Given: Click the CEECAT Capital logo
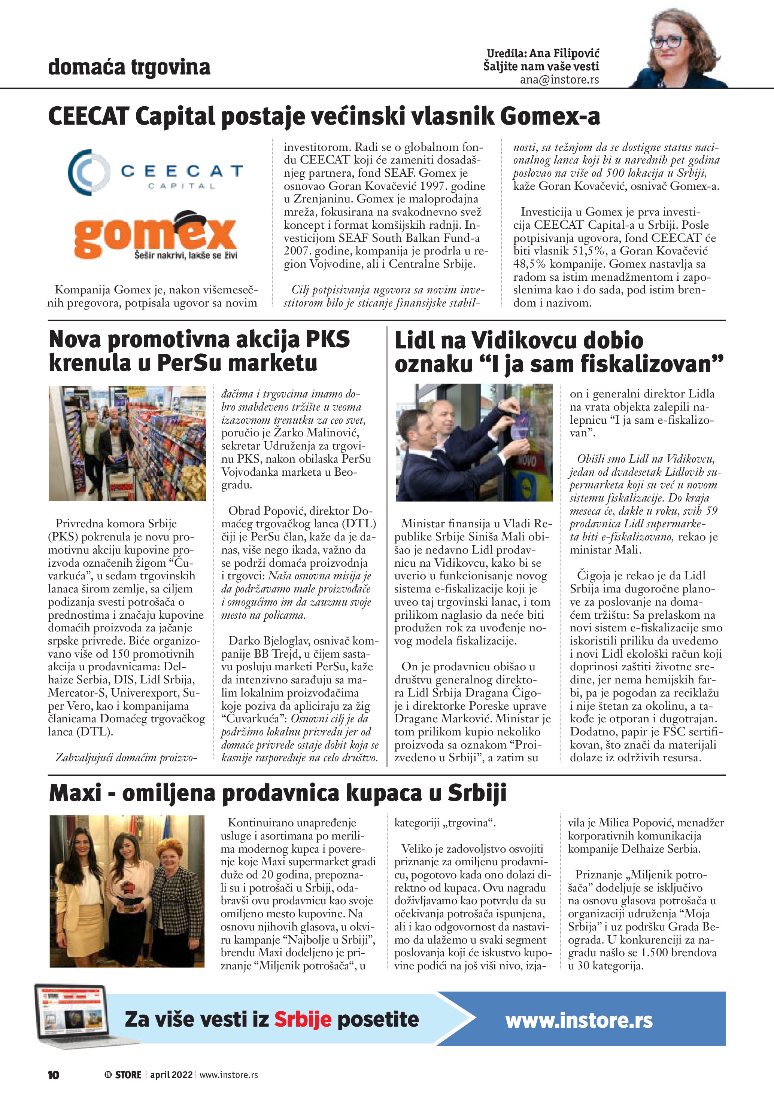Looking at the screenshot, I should (155, 172).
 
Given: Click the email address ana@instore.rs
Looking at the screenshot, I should (559, 80).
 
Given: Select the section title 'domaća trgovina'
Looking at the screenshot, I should (129, 67).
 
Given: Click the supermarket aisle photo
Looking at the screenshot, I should (127, 443).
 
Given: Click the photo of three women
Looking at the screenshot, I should (127, 891).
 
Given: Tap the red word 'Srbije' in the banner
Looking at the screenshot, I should (303, 1019).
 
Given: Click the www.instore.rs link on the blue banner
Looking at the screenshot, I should (579, 1020).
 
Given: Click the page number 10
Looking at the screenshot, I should (54, 1075).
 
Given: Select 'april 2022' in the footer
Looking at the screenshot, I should (171, 1075).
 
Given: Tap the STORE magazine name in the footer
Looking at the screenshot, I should (128, 1075).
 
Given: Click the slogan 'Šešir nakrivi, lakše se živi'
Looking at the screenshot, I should (185, 256).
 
